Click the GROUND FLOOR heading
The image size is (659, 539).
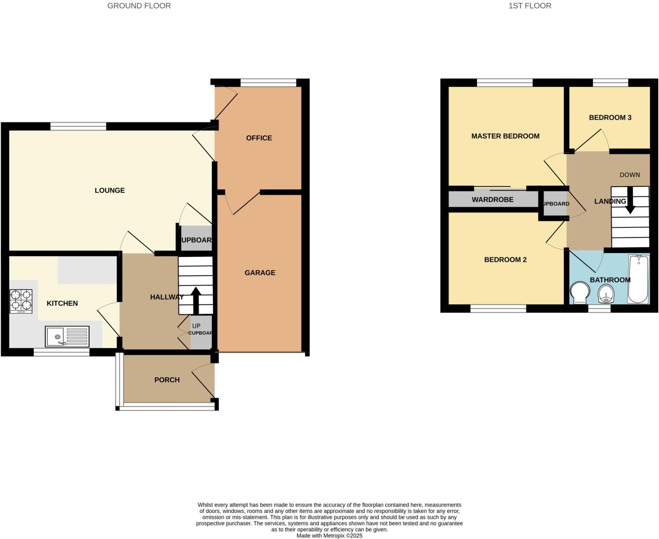(x=139, y=6)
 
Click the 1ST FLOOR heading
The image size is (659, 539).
(x=530, y=6)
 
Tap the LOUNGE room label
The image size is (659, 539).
(x=110, y=190)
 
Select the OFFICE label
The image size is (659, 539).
(x=259, y=138)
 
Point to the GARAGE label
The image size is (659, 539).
(x=260, y=273)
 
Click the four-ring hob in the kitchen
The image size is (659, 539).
(x=21, y=301)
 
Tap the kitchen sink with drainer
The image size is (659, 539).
(x=67, y=336)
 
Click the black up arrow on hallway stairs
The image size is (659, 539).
(x=196, y=300)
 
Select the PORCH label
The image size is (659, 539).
(x=167, y=380)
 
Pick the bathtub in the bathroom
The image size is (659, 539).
(x=639, y=278)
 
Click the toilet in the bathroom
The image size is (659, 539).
(x=580, y=293)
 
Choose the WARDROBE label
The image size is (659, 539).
(x=492, y=199)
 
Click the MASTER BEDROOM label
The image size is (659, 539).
(x=505, y=136)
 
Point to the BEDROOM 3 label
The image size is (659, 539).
(x=610, y=117)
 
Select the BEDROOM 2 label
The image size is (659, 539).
(x=505, y=259)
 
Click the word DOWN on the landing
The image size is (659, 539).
(x=629, y=175)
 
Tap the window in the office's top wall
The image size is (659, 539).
(x=268, y=82)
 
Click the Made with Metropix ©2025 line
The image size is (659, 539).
(x=329, y=536)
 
